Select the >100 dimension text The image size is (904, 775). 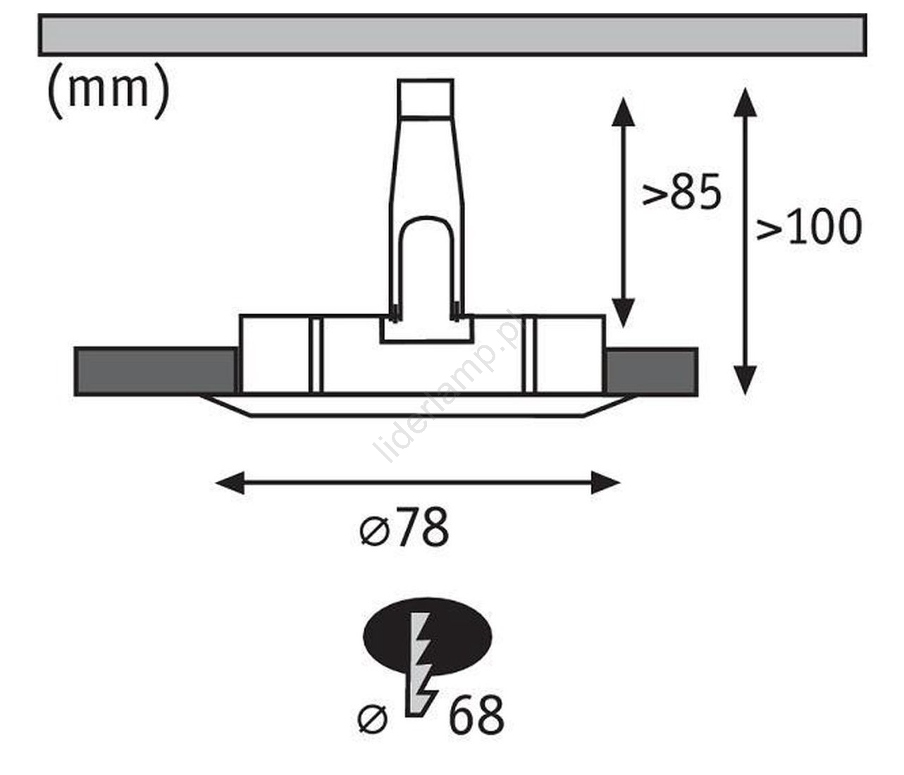[x=809, y=227]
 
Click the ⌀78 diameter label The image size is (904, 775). [x=404, y=528]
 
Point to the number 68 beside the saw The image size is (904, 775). [x=476, y=716]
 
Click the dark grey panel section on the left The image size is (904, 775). [x=155, y=371]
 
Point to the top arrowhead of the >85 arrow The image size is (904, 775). [x=622, y=111]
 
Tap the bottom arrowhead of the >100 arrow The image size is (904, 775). [x=745, y=380]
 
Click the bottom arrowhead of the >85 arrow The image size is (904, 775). [x=622, y=311]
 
